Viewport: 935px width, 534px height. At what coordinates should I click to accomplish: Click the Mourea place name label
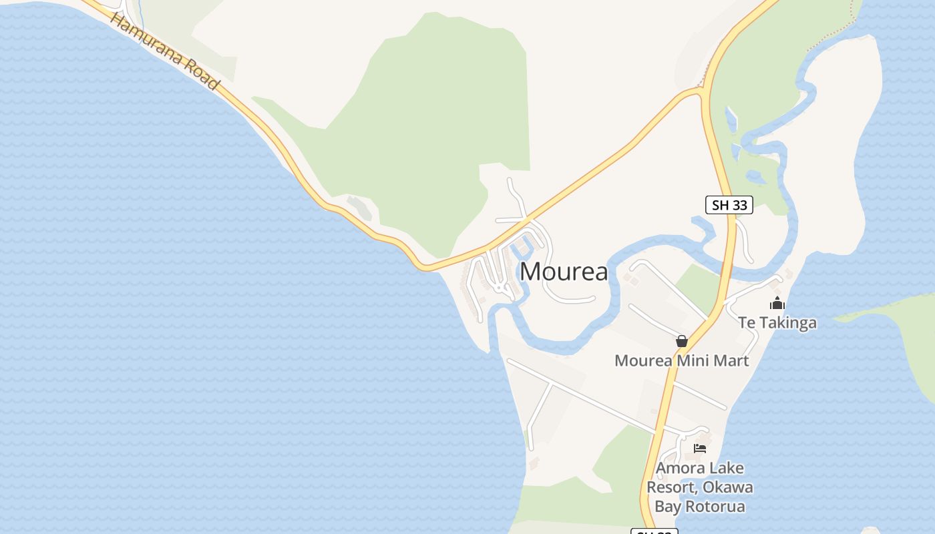(564, 272)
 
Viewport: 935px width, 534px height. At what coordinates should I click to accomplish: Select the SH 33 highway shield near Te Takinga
(729, 205)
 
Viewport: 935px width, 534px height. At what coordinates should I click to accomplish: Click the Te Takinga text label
(777, 323)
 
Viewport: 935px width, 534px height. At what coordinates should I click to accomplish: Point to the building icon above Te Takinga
(777, 304)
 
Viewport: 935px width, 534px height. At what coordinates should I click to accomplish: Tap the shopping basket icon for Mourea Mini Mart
(681, 341)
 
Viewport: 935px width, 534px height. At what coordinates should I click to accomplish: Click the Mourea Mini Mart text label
(681, 361)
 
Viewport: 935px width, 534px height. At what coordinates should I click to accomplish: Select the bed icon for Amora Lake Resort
(699, 449)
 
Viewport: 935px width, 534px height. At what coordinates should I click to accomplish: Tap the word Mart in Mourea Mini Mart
(733, 361)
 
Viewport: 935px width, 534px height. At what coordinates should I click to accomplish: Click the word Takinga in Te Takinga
(787, 323)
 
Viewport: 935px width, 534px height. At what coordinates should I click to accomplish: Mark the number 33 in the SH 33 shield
(739, 205)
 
